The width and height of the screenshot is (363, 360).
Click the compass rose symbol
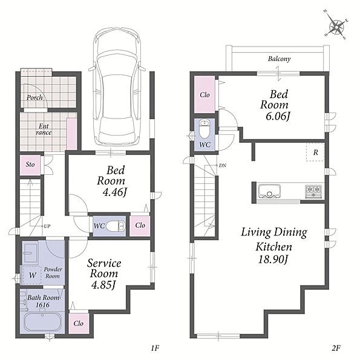click(x=336, y=27)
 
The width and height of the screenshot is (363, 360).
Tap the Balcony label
click(x=279, y=59)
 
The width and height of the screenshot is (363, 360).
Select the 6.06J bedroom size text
click(x=278, y=116)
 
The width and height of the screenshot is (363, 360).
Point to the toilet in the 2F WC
click(x=204, y=129)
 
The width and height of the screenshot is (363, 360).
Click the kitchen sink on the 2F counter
click(x=269, y=191)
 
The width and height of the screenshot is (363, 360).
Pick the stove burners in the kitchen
click(x=313, y=191)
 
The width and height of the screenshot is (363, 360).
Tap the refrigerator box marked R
click(x=315, y=152)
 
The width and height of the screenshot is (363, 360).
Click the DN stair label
click(x=223, y=166)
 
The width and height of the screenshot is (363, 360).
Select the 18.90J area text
click(x=273, y=260)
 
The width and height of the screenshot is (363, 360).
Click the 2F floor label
click(x=335, y=348)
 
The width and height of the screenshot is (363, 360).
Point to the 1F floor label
click(x=155, y=348)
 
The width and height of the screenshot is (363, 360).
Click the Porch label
click(x=34, y=97)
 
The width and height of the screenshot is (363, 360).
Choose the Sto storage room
click(x=30, y=165)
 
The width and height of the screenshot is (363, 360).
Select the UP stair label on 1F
click(x=47, y=226)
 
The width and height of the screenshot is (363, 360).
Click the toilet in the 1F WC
click(x=116, y=226)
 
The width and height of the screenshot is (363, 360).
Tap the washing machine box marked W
click(x=32, y=275)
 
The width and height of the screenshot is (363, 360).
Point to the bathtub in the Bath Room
click(x=42, y=323)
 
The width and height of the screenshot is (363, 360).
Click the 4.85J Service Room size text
click(x=103, y=285)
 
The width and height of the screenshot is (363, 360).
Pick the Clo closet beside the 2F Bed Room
click(x=204, y=94)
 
